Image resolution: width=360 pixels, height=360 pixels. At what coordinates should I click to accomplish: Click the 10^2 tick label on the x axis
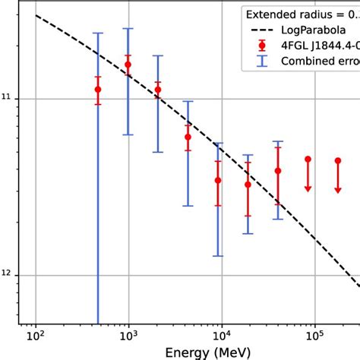(x=35, y=334)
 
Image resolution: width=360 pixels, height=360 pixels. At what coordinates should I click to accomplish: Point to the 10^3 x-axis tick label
(x=128, y=334)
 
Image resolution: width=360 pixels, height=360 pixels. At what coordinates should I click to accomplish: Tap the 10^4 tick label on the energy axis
(x=221, y=334)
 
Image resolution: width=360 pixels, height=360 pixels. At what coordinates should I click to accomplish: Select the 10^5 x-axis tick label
(x=314, y=334)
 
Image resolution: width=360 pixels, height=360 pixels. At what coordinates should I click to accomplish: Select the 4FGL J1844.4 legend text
(x=322, y=47)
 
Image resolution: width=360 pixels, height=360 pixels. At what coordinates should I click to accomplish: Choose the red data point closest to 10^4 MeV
(x=218, y=180)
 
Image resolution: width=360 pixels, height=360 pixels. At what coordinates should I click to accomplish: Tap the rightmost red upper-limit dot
(x=338, y=161)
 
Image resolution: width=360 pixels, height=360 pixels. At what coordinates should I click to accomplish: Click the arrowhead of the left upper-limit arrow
(x=308, y=188)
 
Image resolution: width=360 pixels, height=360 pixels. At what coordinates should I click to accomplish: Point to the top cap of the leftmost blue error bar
(x=98, y=33)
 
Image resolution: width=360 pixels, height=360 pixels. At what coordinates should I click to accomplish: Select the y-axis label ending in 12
(x=8, y=275)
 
